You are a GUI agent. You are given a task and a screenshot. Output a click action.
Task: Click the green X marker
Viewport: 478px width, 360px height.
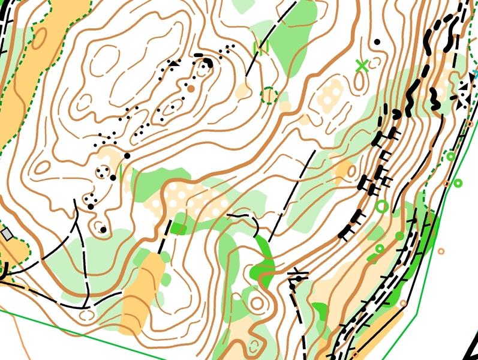(361, 65)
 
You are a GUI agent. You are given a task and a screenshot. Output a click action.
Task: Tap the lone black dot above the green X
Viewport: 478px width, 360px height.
(377, 42)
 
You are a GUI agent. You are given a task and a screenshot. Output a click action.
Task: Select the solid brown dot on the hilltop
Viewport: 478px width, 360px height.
(191, 88)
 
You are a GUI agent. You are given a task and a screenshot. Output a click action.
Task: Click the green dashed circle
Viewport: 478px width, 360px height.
(269, 95)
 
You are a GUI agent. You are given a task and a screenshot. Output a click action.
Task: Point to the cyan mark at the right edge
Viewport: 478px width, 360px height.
(474, 74)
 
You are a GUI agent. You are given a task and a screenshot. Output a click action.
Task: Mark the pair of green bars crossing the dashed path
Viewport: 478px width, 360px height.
(260, 47)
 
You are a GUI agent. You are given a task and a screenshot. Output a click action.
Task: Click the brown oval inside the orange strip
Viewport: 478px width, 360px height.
(40, 38)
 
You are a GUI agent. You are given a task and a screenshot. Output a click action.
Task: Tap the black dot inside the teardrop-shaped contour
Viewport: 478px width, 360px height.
(103, 229)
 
